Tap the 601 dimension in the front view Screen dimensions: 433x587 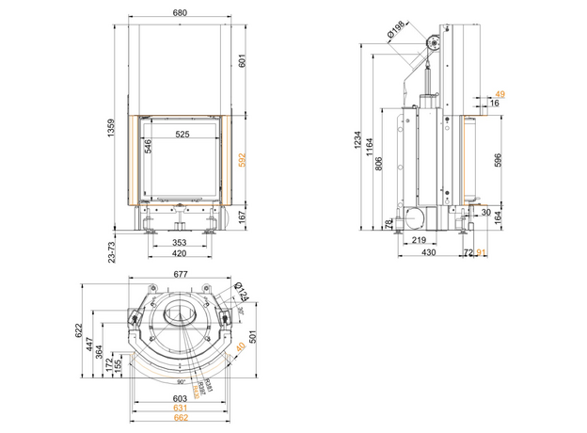point(243,63)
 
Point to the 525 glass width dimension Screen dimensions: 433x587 point(182,135)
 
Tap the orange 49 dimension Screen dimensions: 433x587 point(500,93)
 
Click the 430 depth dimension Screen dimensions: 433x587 point(428,253)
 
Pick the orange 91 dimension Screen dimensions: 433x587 point(482,253)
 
